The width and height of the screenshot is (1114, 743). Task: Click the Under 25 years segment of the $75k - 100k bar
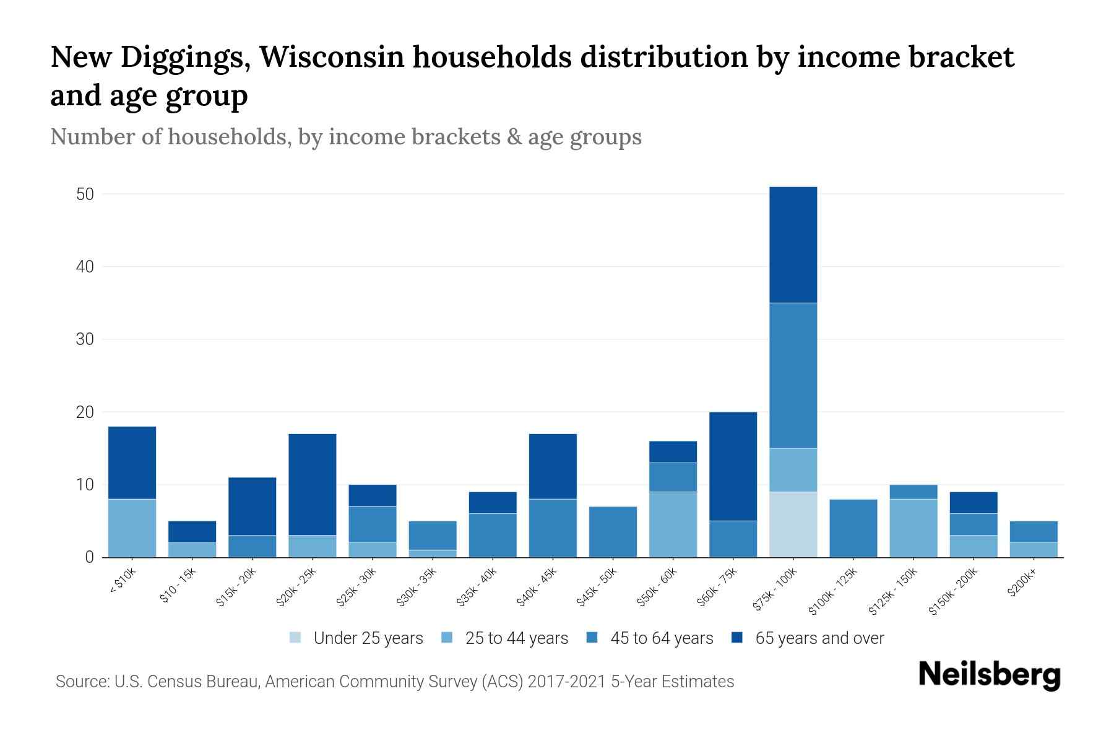[793, 524]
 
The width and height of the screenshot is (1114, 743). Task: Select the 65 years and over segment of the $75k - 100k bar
[793, 245]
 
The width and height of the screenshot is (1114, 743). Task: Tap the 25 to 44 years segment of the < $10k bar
[132, 528]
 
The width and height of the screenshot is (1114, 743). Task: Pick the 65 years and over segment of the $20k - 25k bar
[313, 484]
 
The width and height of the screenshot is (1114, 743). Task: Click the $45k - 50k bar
[613, 532]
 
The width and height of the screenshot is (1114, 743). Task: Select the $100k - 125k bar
[853, 528]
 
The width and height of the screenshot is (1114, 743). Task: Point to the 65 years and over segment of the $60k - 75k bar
[733, 466]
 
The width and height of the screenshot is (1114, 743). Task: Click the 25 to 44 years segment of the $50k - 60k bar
[673, 524]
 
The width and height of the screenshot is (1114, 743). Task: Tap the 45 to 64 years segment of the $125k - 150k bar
[913, 492]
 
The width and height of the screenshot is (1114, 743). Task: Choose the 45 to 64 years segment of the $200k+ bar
[1034, 532]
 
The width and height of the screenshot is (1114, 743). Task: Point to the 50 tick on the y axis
[85, 194]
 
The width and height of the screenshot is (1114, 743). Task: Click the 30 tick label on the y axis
[85, 339]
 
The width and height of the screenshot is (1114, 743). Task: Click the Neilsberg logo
[989, 675]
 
